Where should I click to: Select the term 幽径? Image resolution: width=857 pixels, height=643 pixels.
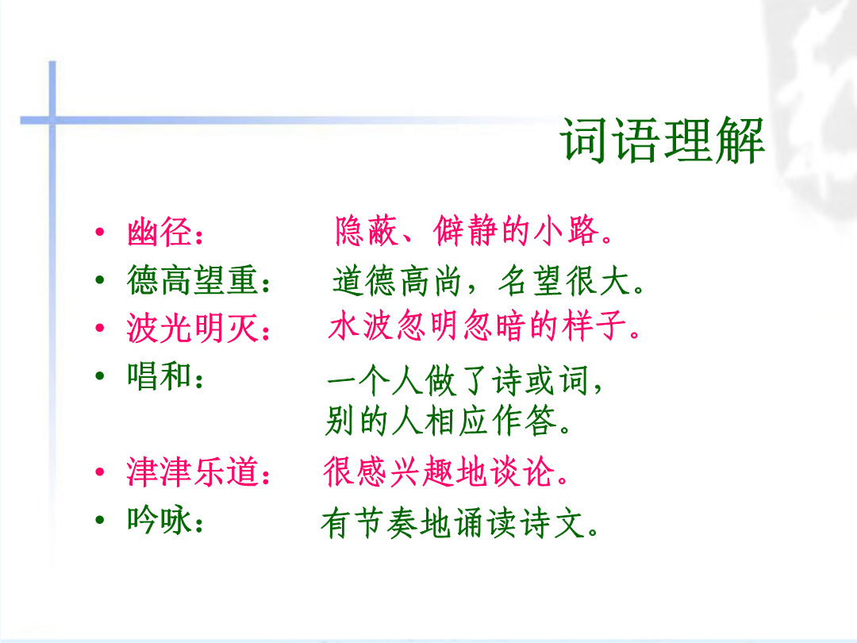point(159,233)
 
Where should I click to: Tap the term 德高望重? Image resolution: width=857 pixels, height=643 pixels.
point(192,280)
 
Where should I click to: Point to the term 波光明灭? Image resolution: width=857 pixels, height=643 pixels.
point(192,328)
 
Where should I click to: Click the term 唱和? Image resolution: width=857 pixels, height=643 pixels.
point(159,376)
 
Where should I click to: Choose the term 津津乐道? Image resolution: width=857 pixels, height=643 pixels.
point(192,472)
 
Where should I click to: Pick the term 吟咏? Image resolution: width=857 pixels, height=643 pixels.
point(159,520)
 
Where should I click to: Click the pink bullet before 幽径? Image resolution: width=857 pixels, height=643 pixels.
point(99,232)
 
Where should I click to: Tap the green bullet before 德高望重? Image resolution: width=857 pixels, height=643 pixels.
point(99,280)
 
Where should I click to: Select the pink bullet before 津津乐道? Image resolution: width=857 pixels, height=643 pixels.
point(99,472)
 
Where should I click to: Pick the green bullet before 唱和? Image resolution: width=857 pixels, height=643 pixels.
point(99,375)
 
